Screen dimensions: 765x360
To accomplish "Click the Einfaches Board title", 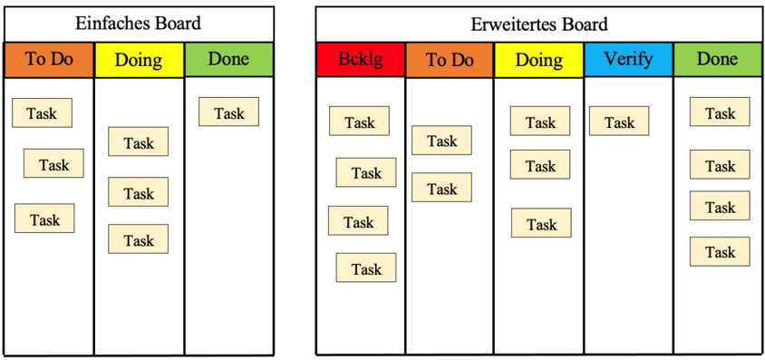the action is (x=138, y=24).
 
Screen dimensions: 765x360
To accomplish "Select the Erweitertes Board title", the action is (x=539, y=24).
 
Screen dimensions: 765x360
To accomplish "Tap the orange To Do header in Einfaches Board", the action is (x=49, y=60).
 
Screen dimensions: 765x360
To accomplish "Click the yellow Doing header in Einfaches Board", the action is (x=139, y=60).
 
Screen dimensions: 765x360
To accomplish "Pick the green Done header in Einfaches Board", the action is (x=228, y=60).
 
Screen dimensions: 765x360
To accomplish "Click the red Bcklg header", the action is (x=361, y=60).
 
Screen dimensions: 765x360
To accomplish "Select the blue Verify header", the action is (x=628, y=60).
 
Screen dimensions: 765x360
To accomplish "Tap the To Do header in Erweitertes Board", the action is (x=450, y=60).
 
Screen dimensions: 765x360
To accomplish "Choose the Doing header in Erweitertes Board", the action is (x=539, y=60).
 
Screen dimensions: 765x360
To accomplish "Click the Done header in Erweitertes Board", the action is (x=718, y=60).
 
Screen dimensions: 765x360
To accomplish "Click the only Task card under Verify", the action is (x=619, y=121).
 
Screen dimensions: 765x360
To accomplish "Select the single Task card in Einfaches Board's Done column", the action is (x=228, y=112).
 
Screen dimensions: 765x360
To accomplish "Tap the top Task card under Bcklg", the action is (x=360, y=121).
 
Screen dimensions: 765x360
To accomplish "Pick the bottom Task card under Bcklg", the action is (x=366, y=268).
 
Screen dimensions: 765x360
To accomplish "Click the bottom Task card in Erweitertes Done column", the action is (x=720, y=252).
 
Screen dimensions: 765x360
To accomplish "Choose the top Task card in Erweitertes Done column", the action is (x=720, y=112).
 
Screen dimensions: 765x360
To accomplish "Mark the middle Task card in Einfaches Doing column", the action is (x=139, y=192).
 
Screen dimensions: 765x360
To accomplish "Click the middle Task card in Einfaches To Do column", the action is (x=53, y=163).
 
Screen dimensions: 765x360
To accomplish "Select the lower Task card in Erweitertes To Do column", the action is (x=442, y=188).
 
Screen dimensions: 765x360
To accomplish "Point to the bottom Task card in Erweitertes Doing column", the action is (x=541, y=223).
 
